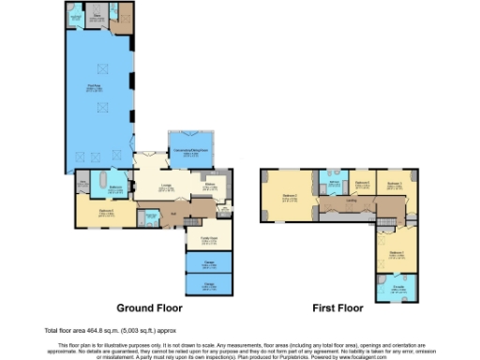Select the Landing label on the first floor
pyautogui.click(x=349, y=199)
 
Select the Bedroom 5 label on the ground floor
pyautogui.click(x=106, y=212)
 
